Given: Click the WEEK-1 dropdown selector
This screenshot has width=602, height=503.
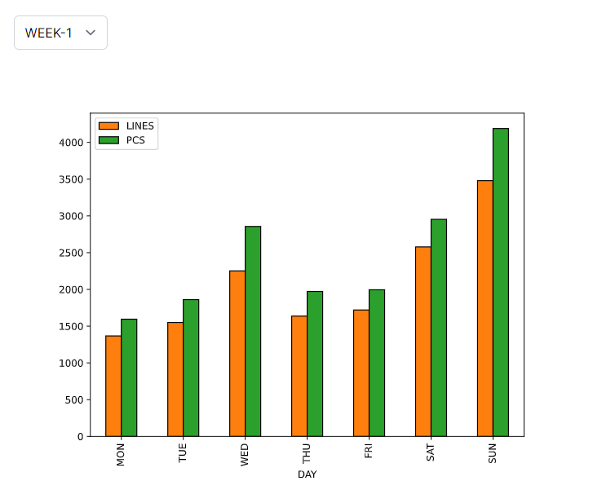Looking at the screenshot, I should [60, 33].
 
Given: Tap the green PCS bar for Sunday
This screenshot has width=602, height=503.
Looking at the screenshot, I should [500, 282].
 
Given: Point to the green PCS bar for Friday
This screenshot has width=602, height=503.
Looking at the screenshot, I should [376, 363].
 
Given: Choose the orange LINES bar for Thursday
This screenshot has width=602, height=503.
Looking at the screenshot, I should [299, 376].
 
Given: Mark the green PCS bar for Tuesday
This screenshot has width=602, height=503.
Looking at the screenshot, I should [191, 368].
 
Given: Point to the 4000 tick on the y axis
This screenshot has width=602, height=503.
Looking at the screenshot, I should [72, 143].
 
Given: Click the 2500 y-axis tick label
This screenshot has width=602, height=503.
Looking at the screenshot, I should [72, 253].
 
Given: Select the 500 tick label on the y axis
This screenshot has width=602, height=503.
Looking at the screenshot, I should [74, 399].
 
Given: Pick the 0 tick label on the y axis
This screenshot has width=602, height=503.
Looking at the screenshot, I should [80, 436].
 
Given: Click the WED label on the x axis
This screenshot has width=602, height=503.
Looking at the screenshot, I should [245, 454].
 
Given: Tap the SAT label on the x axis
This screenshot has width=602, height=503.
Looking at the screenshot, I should [431, 453].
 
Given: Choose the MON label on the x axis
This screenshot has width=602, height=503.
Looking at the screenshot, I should [121, 454].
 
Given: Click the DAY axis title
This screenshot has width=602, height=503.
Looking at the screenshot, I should [307, 474].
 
